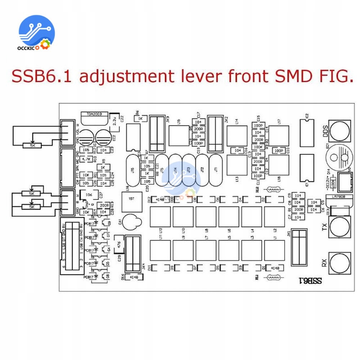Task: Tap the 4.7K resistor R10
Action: [86, 159]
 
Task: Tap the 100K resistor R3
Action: [257, 147]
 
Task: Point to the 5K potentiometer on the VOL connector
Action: [32, 145]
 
